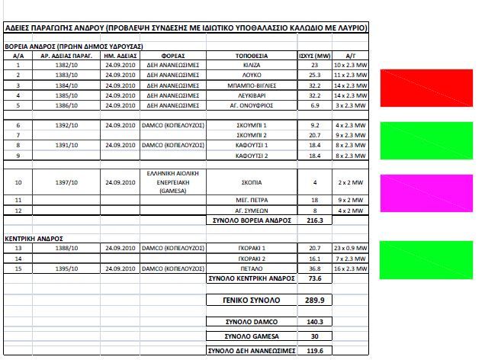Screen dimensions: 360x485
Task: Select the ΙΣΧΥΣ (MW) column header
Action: click(313, 56)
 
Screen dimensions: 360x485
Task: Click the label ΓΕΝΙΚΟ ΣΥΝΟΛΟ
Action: click(251, 301)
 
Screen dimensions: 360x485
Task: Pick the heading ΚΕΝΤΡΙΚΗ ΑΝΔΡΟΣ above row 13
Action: click(32, 239)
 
